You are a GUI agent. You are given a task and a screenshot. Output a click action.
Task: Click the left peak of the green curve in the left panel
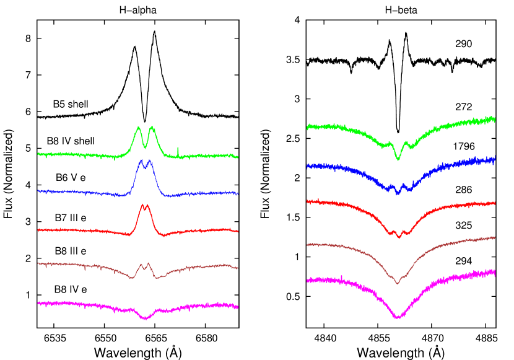[x=139, y=128]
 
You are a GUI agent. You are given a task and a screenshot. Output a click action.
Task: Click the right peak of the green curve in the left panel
[x=152, y=127]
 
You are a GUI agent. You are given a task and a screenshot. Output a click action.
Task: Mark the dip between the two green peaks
[x=146, y=147]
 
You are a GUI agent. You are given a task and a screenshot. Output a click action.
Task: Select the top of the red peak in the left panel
[x=144, y=204]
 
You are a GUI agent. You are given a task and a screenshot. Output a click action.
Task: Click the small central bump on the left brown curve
[x=144, y=264]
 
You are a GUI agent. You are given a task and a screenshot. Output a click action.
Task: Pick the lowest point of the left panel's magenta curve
[x=145, y=319]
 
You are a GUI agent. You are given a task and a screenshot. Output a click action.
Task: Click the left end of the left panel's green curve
[x=38, y=154]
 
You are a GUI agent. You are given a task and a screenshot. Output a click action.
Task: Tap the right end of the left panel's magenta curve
[x=238, y=307]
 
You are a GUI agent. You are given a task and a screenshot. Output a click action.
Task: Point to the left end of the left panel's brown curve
[x=38, y=263]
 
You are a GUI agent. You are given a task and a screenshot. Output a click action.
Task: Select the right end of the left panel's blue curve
[x=238, y=194]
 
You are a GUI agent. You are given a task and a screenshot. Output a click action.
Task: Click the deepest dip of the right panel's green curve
[x=398, y=159]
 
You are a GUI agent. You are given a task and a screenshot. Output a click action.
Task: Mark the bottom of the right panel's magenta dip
[x=397, y=318]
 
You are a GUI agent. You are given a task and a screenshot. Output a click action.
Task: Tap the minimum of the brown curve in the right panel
[x=397, y=283]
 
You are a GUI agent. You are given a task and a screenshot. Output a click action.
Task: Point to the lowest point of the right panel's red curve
[x=399, y=237]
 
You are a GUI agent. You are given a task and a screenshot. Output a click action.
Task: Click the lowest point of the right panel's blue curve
[x=398, y=193]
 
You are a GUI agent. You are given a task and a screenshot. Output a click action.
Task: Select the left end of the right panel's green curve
[x=307, y=127]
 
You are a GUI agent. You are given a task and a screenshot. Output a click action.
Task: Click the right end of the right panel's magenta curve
[x=495, y=271]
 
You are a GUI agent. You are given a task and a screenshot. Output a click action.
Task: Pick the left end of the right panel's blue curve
[x=307, y=166]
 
